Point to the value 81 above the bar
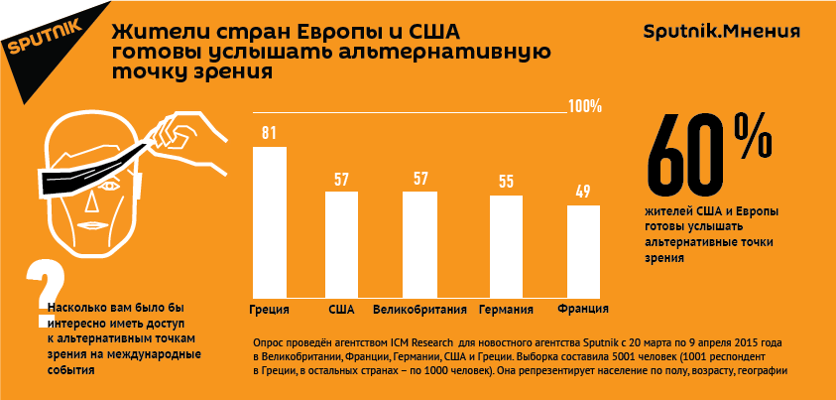click(x=269, y=133)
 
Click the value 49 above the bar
click(x=583, y=192)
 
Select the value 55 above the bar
click(x=506, y=182)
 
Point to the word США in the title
click(x=406, y=30)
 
